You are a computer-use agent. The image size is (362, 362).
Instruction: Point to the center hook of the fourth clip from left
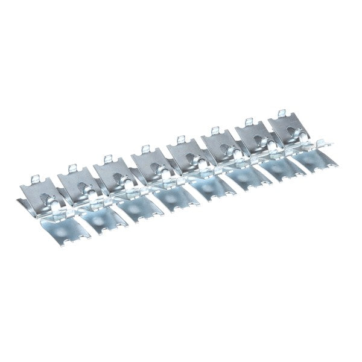[164, 176]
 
